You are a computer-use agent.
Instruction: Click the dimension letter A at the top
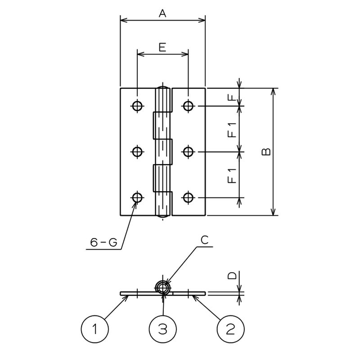click(162, 13)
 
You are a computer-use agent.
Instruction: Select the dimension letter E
click(162, 47)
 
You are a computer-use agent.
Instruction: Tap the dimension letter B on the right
click(266, 152)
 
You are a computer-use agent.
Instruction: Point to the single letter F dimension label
click(232, 98)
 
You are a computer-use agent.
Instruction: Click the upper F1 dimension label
click(232, 130)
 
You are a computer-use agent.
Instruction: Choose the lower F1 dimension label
click(232, 175)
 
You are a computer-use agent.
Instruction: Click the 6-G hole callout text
click(103, 242)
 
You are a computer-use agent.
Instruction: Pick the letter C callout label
click(204, 240)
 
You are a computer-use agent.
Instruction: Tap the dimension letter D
click(232, 275)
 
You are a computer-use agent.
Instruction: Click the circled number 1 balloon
click(95, 329)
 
